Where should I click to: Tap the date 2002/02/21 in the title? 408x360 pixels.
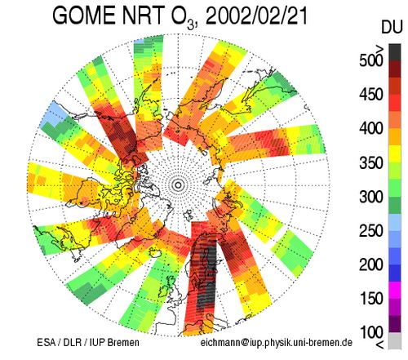[x=256, y=16]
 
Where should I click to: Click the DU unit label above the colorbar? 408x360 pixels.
[x=392, y=28]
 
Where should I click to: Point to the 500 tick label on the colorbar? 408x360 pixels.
[x=371, y=60]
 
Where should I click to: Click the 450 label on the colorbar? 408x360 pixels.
[x=371, y=95]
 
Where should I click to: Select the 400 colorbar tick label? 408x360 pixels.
[x=371, y=128]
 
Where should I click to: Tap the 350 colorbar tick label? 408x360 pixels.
[x=371, y=162]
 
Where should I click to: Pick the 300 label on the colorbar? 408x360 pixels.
[x=371, y=197]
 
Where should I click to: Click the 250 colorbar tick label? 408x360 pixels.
[x=371, y=231]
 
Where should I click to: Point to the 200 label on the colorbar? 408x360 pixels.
[x=371, y=264]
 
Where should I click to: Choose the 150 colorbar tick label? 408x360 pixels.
[x=371, y=299]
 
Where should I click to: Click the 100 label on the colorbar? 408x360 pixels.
[x=371, y=332]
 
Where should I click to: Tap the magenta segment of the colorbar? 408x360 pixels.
[x=395, y=290]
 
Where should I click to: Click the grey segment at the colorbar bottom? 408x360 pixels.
[x=395, y=340]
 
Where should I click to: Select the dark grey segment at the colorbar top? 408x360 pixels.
[x=395, y=52]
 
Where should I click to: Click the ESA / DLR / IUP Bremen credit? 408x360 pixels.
[x=88, y=342]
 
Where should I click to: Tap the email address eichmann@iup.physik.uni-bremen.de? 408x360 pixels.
[x=277, y=343]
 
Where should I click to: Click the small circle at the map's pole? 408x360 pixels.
[x=178, y=185]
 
